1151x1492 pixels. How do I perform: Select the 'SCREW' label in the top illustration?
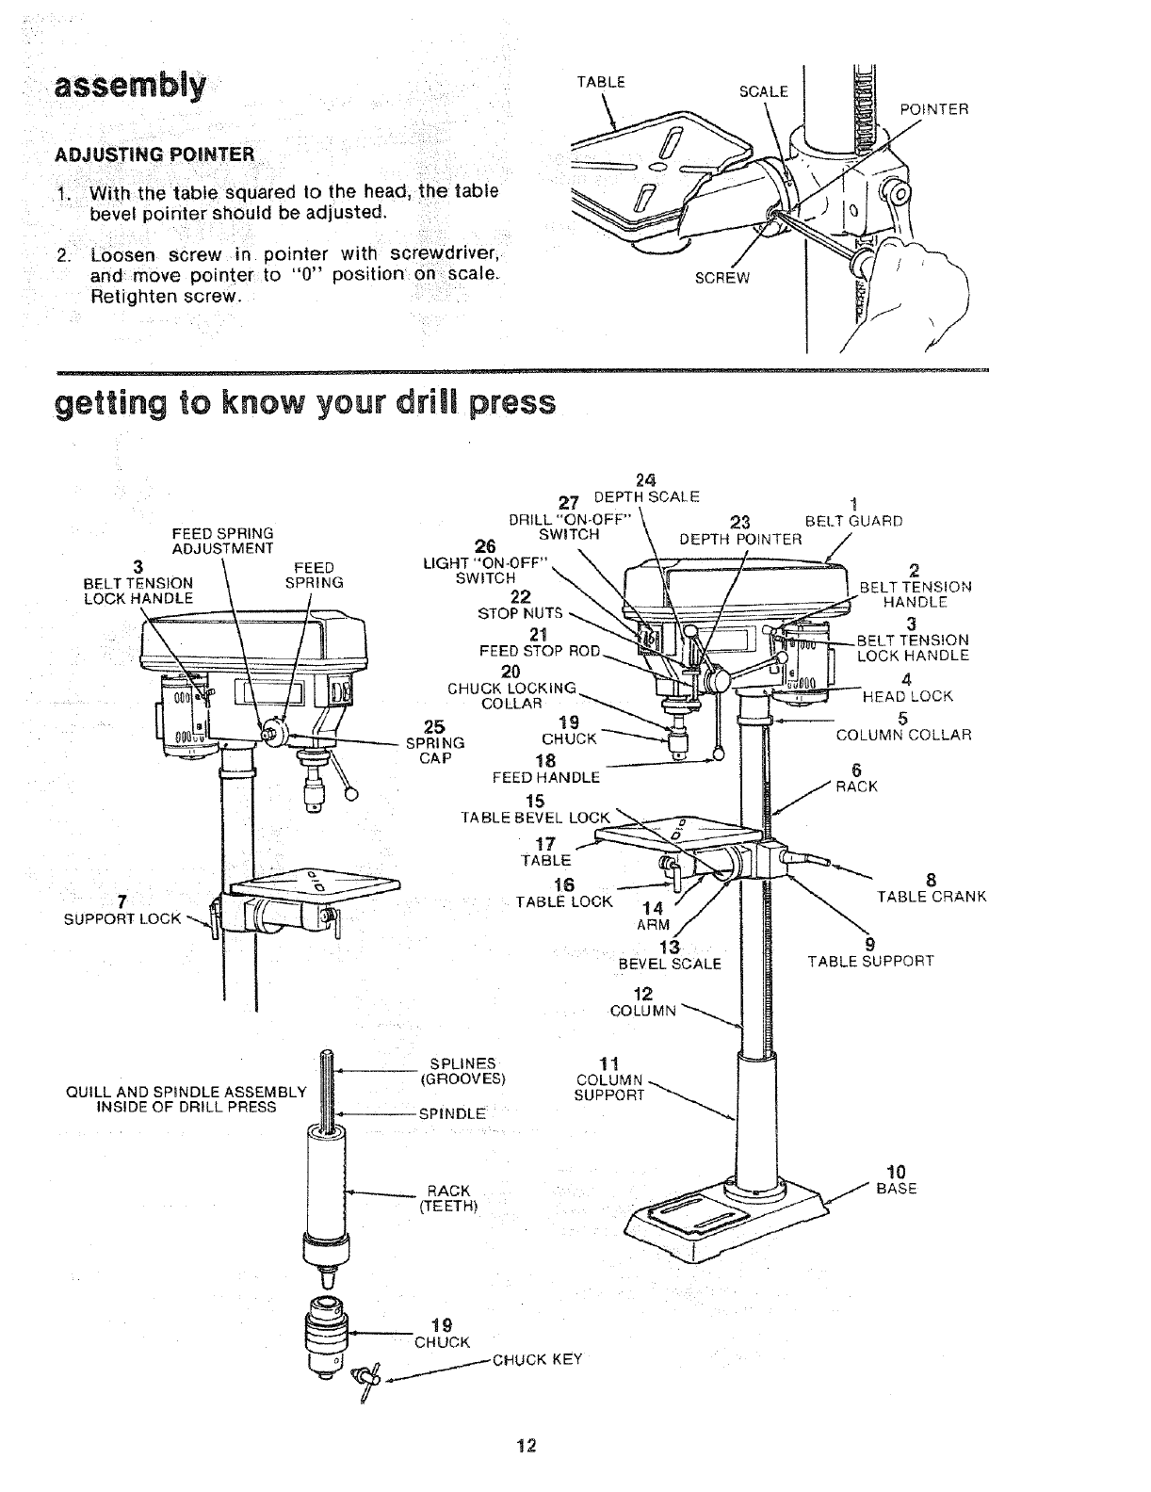pyautogui.click(x=722, y=278)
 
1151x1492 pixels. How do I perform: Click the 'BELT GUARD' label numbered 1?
pyautogui.click(x=854, y=521)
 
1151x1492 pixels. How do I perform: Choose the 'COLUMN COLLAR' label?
pyautogui.click(x=903, y=735)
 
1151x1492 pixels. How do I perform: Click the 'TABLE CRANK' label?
pyautogui.click(x=931, y=897)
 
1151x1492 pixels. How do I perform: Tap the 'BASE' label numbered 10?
pyautogui.click(x=896, y=1189)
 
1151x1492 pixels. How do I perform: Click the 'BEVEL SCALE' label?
pyautogui.click(x=669, y=964)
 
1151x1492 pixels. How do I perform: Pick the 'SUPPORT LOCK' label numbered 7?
pyautogui.click(x=122, y=917)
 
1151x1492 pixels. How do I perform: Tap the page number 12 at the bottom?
pyautogui.click(x=527, y=1446)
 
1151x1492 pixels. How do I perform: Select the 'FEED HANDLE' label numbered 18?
pyautogui.click(x=545, y=777)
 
